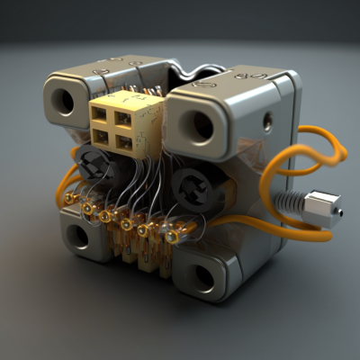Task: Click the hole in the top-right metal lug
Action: coord(202,126)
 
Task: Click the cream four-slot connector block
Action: coord(125,122)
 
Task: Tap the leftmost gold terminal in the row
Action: coord(87,208)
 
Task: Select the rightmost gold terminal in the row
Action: coord(171,237)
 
